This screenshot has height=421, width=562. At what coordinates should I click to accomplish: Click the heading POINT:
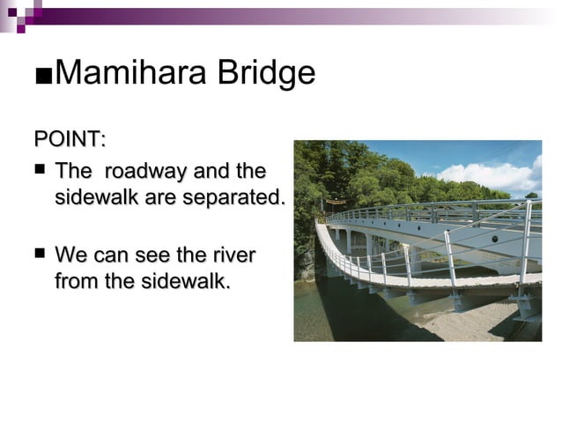(x=70, y=139)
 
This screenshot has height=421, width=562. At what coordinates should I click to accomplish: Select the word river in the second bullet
(x=232, y=255)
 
